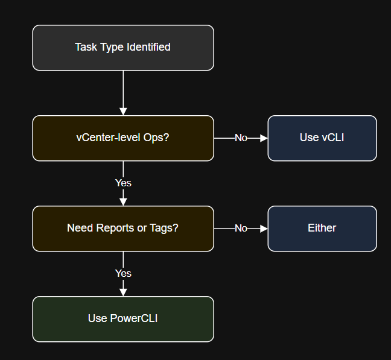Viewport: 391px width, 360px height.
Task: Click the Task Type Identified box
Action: pyautogui.click(x=123, y=48)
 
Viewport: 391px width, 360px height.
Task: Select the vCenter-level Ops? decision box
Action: pyautogui.click(x=123, y=138)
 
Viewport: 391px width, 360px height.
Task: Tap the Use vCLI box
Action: pyautogui.click(x=322, y=138)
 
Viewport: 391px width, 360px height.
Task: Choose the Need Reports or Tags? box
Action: pyautogui.click(x=123, y=229)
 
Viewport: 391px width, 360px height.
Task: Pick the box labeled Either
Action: pyautogui.click(x=322, y=229)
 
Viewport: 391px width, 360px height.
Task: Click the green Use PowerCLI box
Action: pyautogui.click(x=123, y=319)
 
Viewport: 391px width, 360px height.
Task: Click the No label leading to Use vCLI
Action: pyautogui.click(x=241, y=138)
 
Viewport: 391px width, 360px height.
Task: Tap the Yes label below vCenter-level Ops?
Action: pyautogui.click(x=123, y=183)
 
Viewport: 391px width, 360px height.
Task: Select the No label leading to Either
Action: pyautogui.click(x=241, y=229)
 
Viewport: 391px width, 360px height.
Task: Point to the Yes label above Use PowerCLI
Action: pyautogui.click(x=123, y=273)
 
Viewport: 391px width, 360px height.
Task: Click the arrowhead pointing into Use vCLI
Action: pyautogui.click(x=264, y=138)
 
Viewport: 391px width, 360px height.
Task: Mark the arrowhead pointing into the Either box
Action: pyautogui.click(x=264, y=229)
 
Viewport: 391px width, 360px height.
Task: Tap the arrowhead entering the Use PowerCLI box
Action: pyautogui.click(x=123, y=292)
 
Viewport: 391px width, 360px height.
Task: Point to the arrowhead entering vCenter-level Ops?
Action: pyautogui.click(x=123, y=112)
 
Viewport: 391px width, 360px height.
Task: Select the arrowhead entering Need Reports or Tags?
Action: pyautogui.click(x=123, y=202)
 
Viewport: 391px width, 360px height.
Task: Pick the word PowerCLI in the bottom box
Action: pyautogui.click(x=133, y=318)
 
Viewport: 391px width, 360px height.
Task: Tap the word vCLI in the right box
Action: pyautogui.click(x=333, y=137)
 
